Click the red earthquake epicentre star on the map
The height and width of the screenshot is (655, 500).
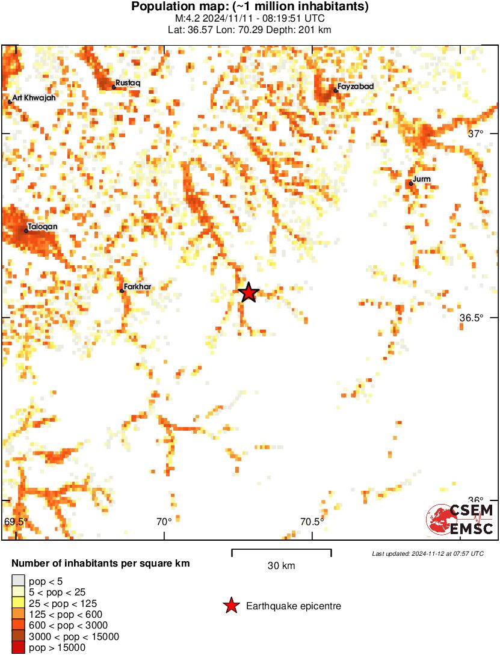click(x=248, y=293)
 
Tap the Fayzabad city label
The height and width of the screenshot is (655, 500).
click(x=355, y=87)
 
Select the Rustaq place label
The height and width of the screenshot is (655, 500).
click(x=128, y=82)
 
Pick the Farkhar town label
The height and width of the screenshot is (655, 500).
click(x=137, y=287)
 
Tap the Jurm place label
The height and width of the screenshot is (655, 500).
click(x=422, y=179)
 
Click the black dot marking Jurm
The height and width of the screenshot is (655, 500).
click(x=411, y=183)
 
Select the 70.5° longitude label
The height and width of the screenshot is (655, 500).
click(x=312, y=521)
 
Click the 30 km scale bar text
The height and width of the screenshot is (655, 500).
click(x=281, y=566)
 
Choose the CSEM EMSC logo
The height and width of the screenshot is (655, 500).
click(x=460, y=519)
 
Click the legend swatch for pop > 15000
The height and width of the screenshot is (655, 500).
click(x=18, y=647)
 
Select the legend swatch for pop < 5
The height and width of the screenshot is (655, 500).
click(x=18, y=581)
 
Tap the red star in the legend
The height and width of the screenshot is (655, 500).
click(x=230, y=606)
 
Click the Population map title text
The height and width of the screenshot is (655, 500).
click(x=250, y=7)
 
